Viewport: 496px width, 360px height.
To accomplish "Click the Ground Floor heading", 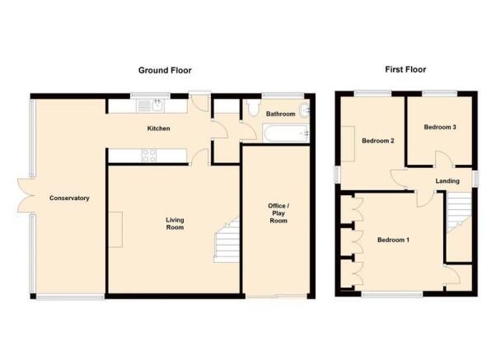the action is pyautogui.click(x=165, y=70).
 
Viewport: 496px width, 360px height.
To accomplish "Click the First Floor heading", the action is pyautogui.click(x=405, y=69).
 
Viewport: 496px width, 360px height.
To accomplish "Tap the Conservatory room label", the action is pyautogui.click(x=69, y=199).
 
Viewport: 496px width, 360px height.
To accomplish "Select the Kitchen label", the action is pyautogui.click(x=158, y=129).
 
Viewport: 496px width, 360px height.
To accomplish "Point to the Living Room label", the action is pyautogui.click(x=175, y=223).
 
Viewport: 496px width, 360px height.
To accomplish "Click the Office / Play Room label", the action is pyautogui.click(x=278, y=213).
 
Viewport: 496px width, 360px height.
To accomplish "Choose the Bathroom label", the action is pyautogui.click(x=281, y=114).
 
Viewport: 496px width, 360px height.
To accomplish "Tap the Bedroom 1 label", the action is pyautogui.click(x=393, y=240).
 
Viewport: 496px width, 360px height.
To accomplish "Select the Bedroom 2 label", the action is pyautogui.click(x=378, y=141).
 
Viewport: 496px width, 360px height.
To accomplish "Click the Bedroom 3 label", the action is pyautogui.click(x=440, y=127).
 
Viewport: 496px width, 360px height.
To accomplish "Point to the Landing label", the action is pyautogui.click(x=447, y=181).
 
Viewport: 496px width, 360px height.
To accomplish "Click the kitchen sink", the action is pyautogui.click(x=150, y=106).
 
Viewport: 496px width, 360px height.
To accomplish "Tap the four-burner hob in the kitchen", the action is pyautogui.click(x=148, y=156).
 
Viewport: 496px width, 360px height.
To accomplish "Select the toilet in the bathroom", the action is pyautogui.click(x=254, y=108).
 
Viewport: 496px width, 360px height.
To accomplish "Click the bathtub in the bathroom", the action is pyautogui.click(x=286, y=133).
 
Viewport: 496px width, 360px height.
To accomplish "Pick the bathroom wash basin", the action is pyautogui.click(x=304, y=110).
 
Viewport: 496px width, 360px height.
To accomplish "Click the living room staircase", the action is pyautogui.click(x=227, y=240).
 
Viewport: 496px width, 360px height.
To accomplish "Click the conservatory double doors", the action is pyautogui.click(x=26, y=195).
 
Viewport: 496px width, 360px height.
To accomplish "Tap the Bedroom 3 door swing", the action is pyautogui.click(x=444, y=159).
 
